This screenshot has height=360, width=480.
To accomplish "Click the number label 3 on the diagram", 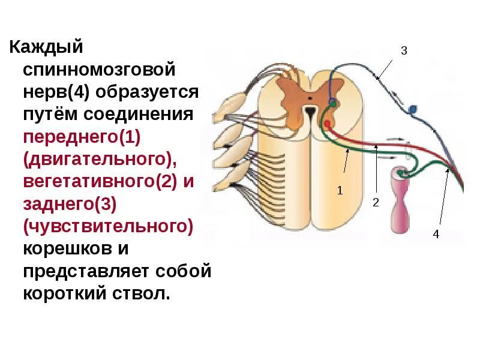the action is [404, 52].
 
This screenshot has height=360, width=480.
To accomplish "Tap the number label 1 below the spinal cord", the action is [340, 191].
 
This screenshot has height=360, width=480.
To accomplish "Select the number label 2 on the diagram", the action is [376, 203].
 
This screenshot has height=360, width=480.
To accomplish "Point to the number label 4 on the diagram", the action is [436, 234].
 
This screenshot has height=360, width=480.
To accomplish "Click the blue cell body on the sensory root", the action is [412, 110].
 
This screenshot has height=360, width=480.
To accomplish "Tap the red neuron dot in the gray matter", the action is [326, 124].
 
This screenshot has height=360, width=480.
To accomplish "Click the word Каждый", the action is [45, 47].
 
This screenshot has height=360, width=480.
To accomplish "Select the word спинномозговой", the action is [100, 70].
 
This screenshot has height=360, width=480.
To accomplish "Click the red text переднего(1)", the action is [82, 137].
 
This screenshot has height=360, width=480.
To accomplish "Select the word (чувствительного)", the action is [108, 227].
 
